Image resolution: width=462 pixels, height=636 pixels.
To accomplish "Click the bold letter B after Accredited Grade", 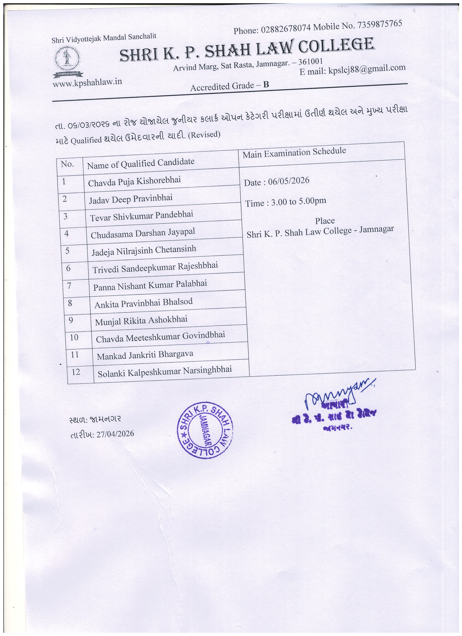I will tap(266, 84).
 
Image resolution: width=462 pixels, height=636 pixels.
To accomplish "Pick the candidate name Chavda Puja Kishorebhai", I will tap(134, 181).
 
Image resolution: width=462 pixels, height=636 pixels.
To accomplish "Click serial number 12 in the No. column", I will tap(76, 372).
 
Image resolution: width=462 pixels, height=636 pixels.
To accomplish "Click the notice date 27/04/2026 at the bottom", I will tap(115, 434).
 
